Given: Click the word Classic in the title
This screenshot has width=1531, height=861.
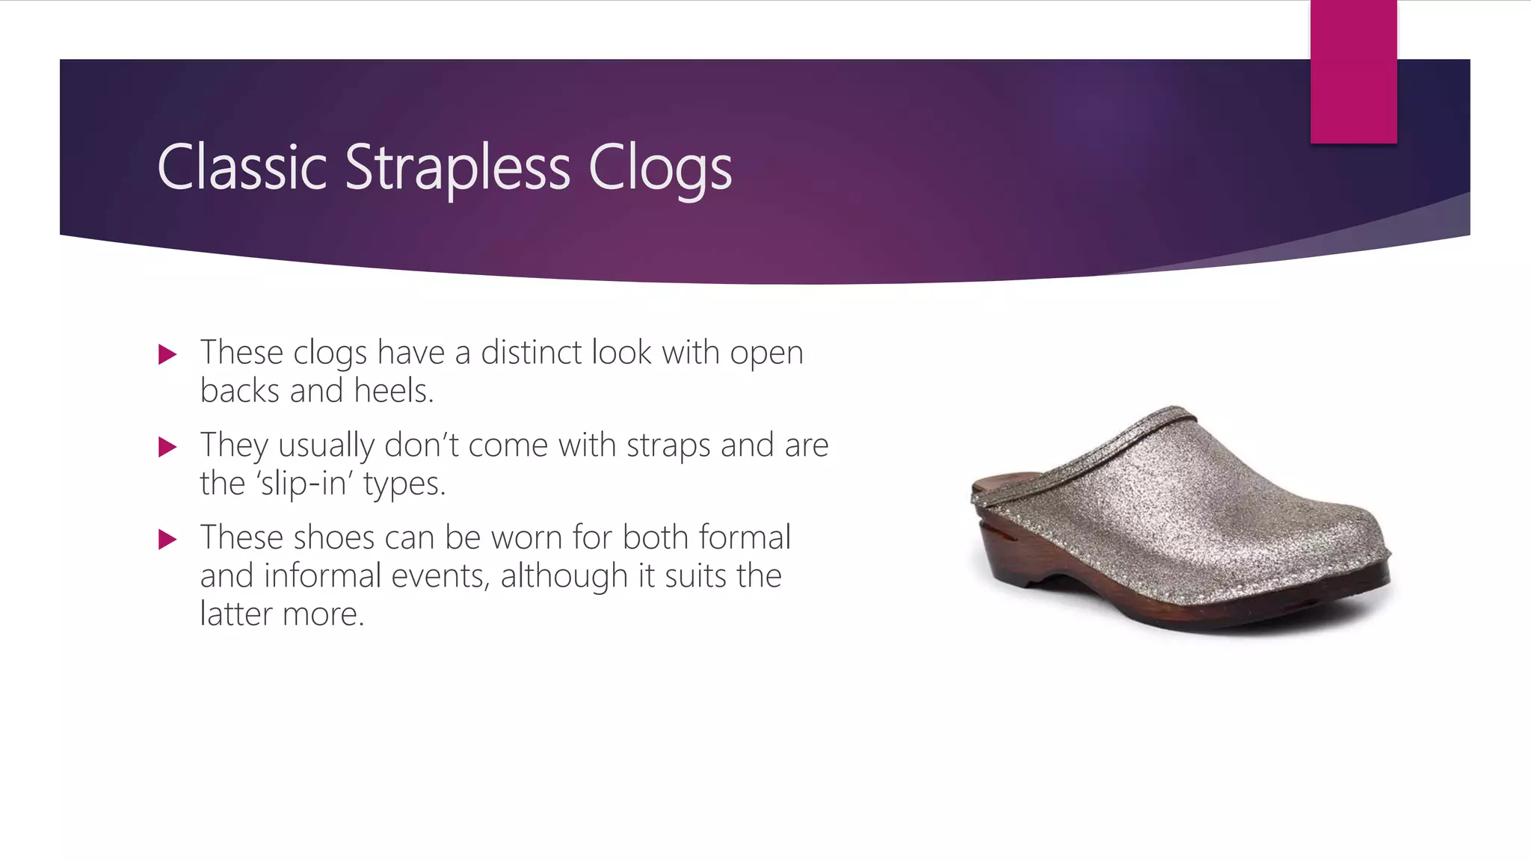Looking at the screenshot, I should click(242, 167).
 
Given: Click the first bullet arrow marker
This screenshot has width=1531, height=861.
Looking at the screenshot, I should click(167, 354).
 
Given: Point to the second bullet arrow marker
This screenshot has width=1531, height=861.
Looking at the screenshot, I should click(167, 447).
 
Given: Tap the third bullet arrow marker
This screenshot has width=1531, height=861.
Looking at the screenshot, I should click(167, 539).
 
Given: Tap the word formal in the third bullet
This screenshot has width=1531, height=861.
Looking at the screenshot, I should click(744, 537).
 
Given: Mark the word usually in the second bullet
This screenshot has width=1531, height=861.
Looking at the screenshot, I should click(326, 446).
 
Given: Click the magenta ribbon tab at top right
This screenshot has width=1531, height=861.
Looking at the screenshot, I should click(1353, 72).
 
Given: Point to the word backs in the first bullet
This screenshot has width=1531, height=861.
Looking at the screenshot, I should click(240, 390).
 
